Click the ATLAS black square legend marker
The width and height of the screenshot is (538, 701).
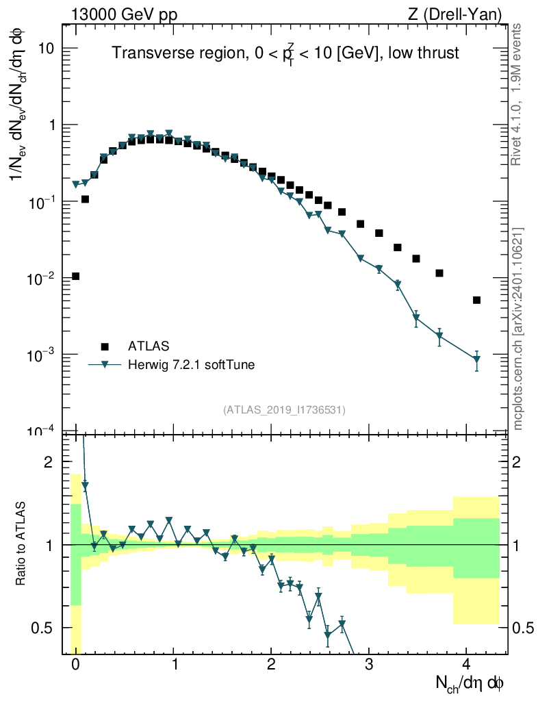point(105,346)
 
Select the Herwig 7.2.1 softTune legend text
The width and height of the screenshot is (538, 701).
point(192,365)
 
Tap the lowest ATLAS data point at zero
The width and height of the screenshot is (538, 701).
point(75,276)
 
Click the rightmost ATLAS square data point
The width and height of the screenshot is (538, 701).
point(476,300)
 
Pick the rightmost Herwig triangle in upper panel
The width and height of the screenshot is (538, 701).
point(476,359)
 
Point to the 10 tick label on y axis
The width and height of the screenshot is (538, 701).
point(47,49)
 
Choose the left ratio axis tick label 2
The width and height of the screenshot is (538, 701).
point(49,462)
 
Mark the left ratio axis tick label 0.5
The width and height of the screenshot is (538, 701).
point(44,628)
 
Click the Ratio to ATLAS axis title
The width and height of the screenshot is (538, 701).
point(21,544)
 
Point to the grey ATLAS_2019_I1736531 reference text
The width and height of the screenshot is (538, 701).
point(284,410)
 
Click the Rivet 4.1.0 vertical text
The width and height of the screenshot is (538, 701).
point(517,94)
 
